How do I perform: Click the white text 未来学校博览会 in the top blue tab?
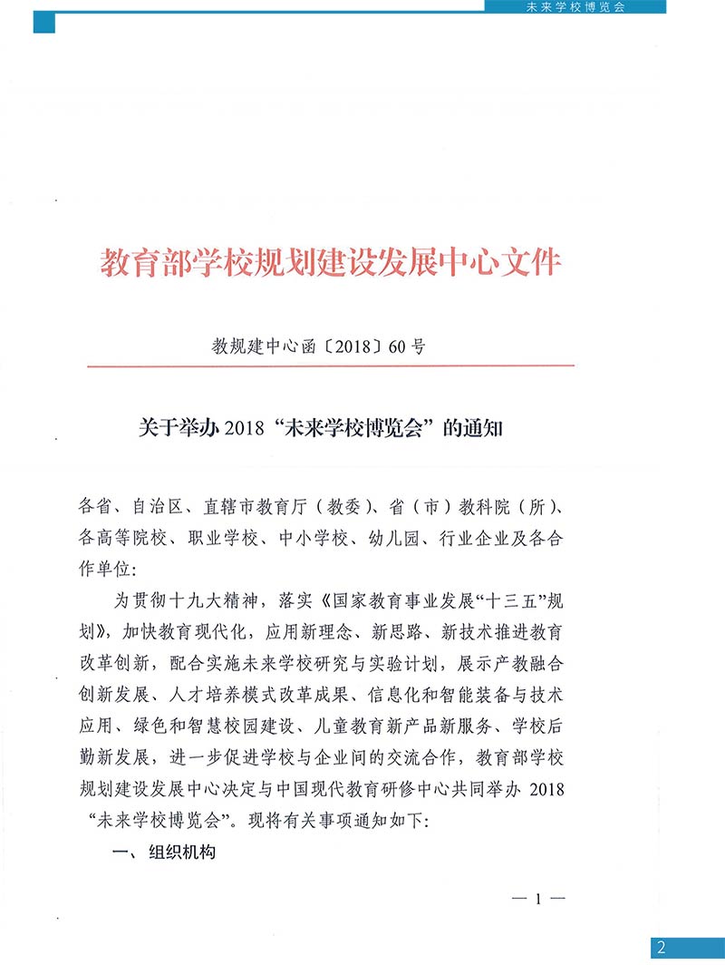pos(575,6)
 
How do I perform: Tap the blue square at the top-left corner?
pos(44,21)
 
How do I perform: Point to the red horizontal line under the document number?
pos(330,366)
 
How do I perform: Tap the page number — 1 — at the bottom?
pos(538,900)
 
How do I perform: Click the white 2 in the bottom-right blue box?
pos(662,949)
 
